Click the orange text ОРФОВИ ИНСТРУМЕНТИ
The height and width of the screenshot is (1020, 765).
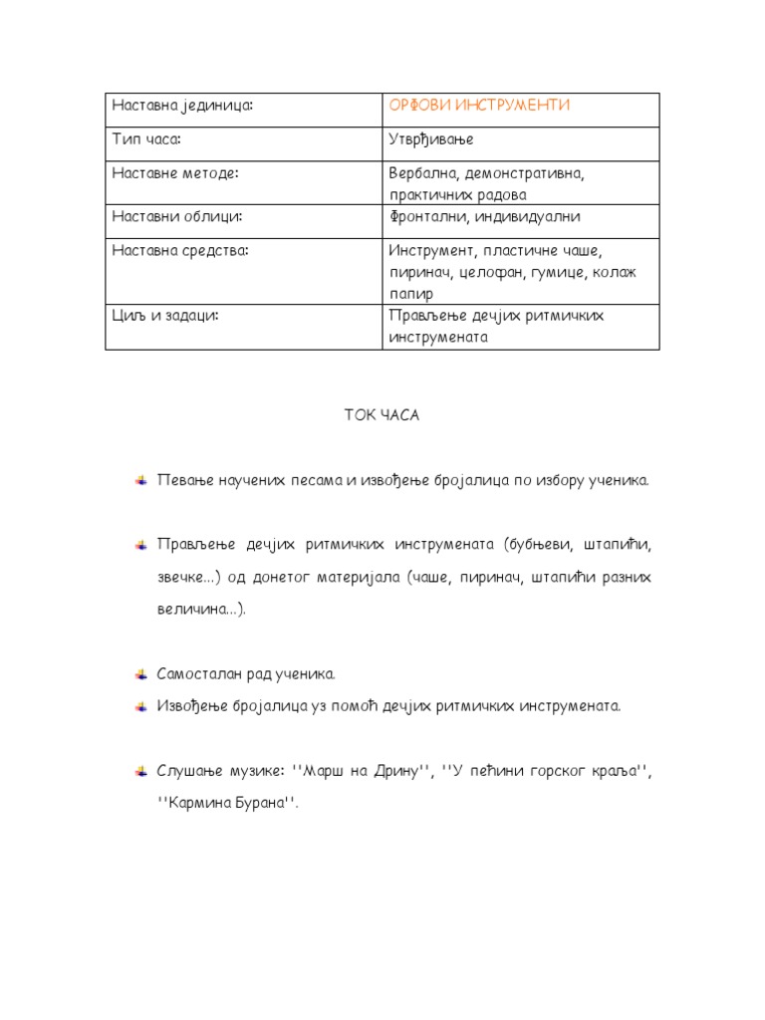(479, 106)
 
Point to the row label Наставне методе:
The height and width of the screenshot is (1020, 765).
(175, 173)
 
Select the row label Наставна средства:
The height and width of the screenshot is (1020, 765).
(180, 250)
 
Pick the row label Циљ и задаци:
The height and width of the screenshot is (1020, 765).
(165, 315)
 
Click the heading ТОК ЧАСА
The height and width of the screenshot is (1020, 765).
(382, 415)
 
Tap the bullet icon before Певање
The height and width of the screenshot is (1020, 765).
(141, 479)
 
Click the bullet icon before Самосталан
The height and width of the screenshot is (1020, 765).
(141, 674)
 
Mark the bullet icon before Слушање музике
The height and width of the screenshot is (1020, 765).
(141, 771)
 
